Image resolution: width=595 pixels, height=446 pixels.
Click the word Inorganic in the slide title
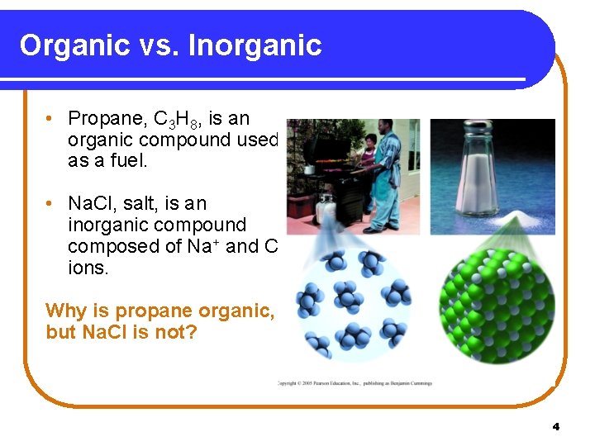(x=255, y=45)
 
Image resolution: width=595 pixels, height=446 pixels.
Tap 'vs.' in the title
(x=156, y=45)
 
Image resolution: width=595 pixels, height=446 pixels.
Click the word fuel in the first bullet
(x=126, y=161)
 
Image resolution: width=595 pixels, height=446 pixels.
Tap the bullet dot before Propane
(x=51, y=119)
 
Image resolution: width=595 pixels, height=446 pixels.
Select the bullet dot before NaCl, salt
(x=51, y=203)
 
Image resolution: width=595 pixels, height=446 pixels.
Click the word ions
(x=88, y=268)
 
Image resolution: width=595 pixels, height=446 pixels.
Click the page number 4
(x=555, y=426)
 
